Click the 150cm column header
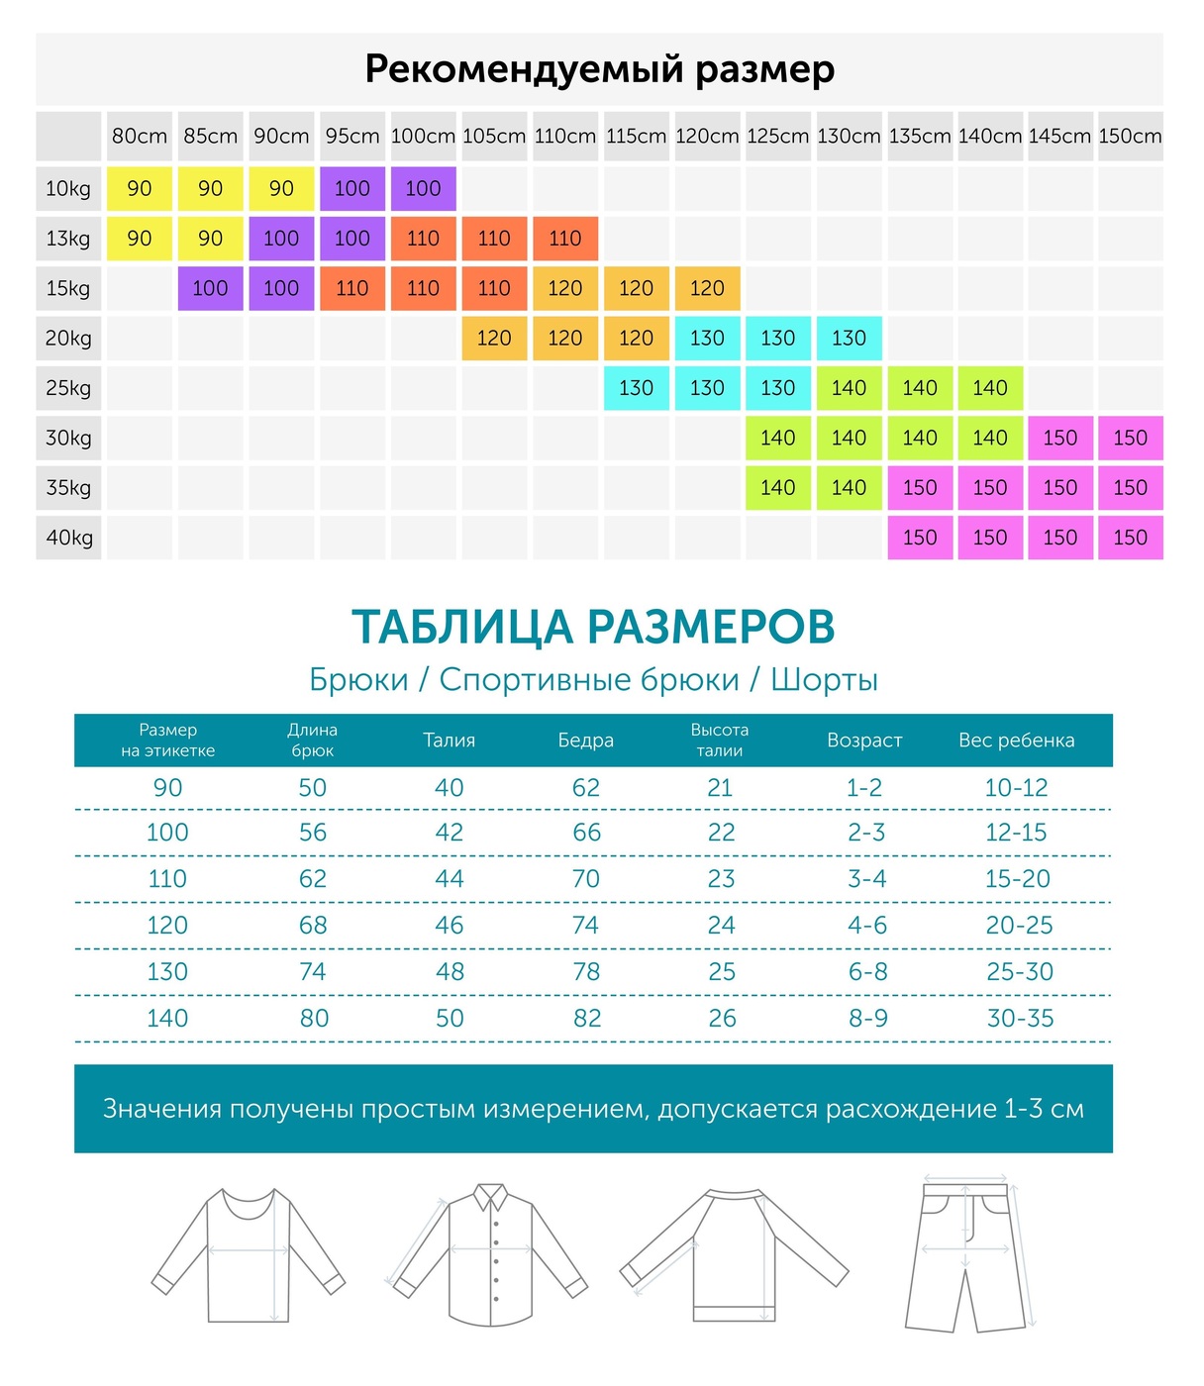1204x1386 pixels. (x=1130, y=136)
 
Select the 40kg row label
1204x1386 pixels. (x=68, y=538)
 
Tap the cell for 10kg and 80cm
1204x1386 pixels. (x=140, y=188)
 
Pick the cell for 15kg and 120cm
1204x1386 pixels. (x=707, y=288)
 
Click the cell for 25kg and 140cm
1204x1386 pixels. (x=990, y=388)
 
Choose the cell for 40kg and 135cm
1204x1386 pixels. (x=920, y=538)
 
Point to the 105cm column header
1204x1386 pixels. (x=494, y=136)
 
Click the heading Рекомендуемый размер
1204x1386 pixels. (x=600, y=69)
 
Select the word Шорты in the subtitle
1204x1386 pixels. (x=824, y=680)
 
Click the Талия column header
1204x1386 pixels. (x=450, y=741)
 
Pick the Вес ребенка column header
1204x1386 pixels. (x=1017, y=741)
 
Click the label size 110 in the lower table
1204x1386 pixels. (x=167, y=878)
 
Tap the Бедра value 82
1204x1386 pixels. (x=586, y=1018)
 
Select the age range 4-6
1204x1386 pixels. (x=867, y=925)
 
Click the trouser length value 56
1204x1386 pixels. (x=313, y=833)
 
